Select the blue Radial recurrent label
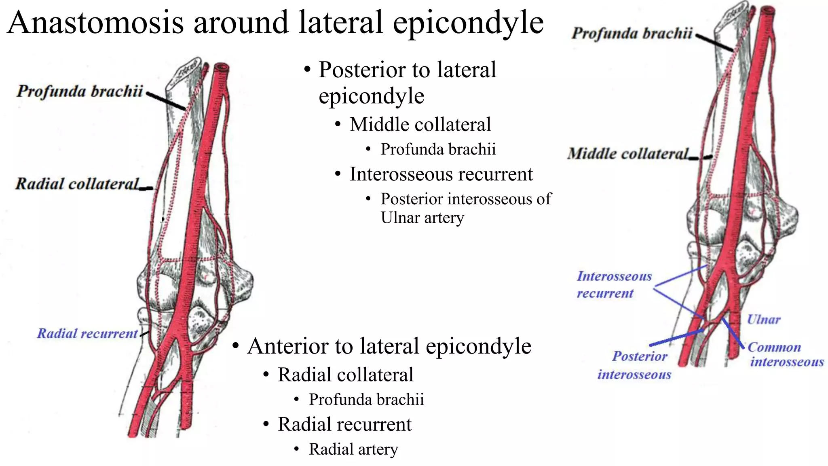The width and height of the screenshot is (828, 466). pyautogui.click(x=87, y=333)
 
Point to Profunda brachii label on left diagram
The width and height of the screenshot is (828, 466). pyautogui.click(x=80, y=91)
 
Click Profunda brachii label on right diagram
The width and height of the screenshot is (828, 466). pyautogui.click(x=632, y=33)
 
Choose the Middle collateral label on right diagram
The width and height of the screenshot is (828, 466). pyautogui.click(x=628, y=154)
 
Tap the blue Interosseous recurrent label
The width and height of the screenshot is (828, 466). pyautogui.click(x=614, y=284)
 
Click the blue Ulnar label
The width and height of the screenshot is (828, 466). pyautogui.click(x=763, y=320)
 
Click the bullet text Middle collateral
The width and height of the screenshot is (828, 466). pyautogui.click(x=420, y=124)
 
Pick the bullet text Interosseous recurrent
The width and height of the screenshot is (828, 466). pyautogui.click(x=441, y=174)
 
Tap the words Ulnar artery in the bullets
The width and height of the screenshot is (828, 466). pyautogui.click(x=422, y=218)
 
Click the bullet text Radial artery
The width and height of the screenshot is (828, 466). pyautogui.click(x=353, y=449)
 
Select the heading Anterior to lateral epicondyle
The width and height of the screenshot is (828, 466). pyautogui.click(x=389, y=346)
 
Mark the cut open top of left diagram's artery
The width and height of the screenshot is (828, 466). pyautogui.click(x=222, y=68)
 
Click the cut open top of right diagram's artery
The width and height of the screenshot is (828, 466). pyautogui.click(x=767, y=10)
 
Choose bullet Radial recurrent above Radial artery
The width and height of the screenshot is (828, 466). pyautogui.click(x=344, y=424)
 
